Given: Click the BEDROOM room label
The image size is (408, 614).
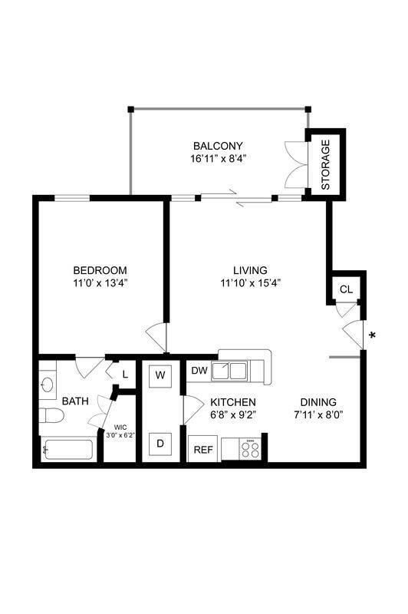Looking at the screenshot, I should tap(100, 270).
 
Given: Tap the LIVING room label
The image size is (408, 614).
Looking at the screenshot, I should tap(250, 270).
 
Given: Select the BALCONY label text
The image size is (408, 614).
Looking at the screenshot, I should tap(218, 146).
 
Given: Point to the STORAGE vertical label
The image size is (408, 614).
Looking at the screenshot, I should tap(325, 164).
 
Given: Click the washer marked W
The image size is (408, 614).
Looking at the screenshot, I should tap(160, 375).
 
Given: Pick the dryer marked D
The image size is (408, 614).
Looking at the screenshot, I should tap(160, 443).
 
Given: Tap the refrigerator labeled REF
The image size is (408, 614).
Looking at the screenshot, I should tap(203, 450).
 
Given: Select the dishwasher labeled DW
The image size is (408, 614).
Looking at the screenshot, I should tap(199, 371).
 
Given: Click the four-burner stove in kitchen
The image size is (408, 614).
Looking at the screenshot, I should tap(250, 449).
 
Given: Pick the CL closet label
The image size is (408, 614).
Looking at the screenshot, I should tap(346, 289).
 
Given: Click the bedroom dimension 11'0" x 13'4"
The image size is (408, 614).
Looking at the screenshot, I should tap(100, 282).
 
